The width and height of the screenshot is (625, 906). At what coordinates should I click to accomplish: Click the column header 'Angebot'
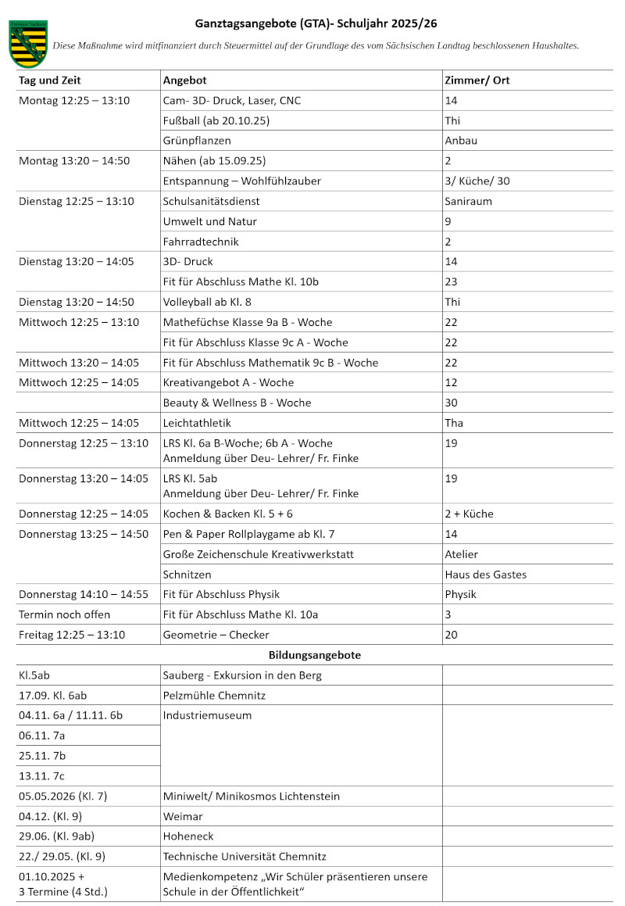[184, 81]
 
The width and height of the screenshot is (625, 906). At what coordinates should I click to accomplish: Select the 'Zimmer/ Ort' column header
[477, 81]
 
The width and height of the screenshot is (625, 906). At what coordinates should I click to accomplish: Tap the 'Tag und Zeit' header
[49, 81]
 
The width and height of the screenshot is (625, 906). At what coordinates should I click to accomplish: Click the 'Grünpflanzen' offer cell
[197, 141]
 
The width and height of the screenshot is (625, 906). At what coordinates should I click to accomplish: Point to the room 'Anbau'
[460, 141]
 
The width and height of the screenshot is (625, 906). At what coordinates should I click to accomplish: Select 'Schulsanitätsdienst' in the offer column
[211, 201]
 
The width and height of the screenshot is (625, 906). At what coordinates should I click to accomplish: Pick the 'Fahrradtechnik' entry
[201, 242]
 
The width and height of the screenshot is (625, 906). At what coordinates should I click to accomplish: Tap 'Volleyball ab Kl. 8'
[207, 302]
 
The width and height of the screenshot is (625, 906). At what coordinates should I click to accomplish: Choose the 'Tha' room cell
[453, 423]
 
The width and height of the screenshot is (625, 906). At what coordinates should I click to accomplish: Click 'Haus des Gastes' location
[485, 575]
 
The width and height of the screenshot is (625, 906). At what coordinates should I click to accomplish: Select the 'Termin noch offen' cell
[64, 614]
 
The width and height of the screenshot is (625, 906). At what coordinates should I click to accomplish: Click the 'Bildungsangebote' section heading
[315, 655]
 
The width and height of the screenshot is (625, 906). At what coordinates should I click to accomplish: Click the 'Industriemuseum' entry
[207, 715]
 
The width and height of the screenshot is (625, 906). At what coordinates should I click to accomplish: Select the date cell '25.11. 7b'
[42, 756]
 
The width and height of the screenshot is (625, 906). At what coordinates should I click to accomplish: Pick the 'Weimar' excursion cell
[182, 817]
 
